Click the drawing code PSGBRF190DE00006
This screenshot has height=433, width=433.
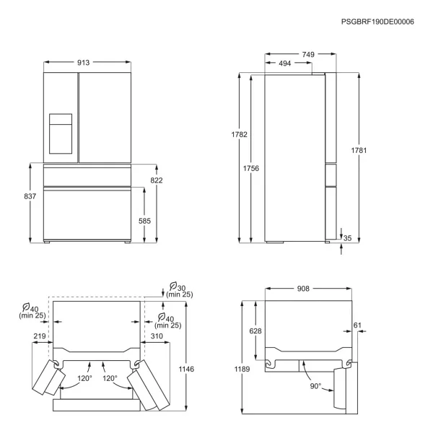377,22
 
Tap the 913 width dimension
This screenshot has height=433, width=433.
83,63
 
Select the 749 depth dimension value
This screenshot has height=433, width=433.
308,54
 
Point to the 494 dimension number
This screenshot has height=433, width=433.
285,64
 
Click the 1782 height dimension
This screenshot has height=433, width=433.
239,134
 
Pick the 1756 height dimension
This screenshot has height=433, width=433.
251,168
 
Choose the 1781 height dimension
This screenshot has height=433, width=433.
359,151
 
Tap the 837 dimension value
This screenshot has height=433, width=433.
30,196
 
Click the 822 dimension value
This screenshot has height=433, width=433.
157,180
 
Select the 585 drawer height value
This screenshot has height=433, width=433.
144,221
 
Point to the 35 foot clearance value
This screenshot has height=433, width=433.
347,238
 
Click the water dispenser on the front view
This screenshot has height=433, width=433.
61,134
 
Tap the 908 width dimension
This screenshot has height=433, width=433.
303,289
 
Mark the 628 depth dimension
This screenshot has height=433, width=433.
255,331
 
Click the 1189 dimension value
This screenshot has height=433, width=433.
242,369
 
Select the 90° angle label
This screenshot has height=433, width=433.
315,386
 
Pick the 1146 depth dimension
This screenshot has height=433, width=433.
186,369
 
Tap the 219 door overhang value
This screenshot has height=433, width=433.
40,336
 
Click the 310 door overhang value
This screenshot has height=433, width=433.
157,336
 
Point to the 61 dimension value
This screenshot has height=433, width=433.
357,325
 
